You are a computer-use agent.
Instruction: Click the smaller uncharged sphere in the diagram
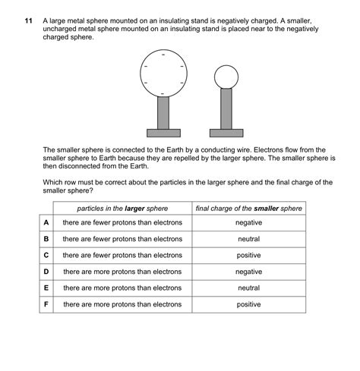click(x=226, y=76)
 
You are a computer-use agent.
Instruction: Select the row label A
click(x=46, y=222)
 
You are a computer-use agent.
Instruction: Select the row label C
click(x=46, y=255)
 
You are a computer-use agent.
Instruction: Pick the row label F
click(x=46, y=304)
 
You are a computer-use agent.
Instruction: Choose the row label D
click(x=46, y=272)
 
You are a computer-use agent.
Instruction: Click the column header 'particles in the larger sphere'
click(x=122, y=208)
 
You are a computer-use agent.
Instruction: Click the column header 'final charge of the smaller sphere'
click(x=248, y=208)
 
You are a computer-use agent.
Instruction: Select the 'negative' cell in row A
click(x=248, y=222)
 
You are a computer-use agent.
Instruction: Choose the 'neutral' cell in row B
click(x=248, y=239)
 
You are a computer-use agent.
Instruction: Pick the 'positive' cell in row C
click(x=248, y=255)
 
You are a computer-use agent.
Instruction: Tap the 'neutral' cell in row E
click(x=248, y=288)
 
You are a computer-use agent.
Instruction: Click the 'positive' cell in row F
click(x=248, y=304)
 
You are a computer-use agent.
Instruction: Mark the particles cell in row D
click(x=122, y=272)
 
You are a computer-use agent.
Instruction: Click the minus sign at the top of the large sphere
click(x=163, y=55)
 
